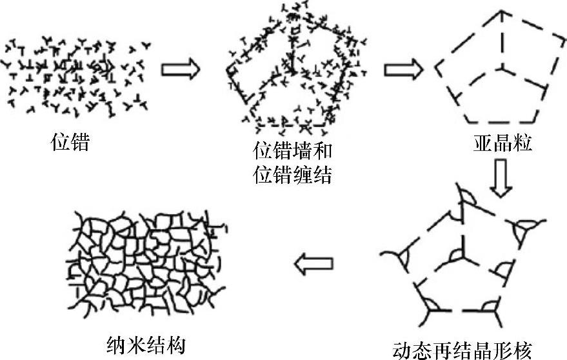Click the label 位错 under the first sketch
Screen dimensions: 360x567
tap(70, 141)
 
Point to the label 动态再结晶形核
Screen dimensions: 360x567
tap(462, 349)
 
